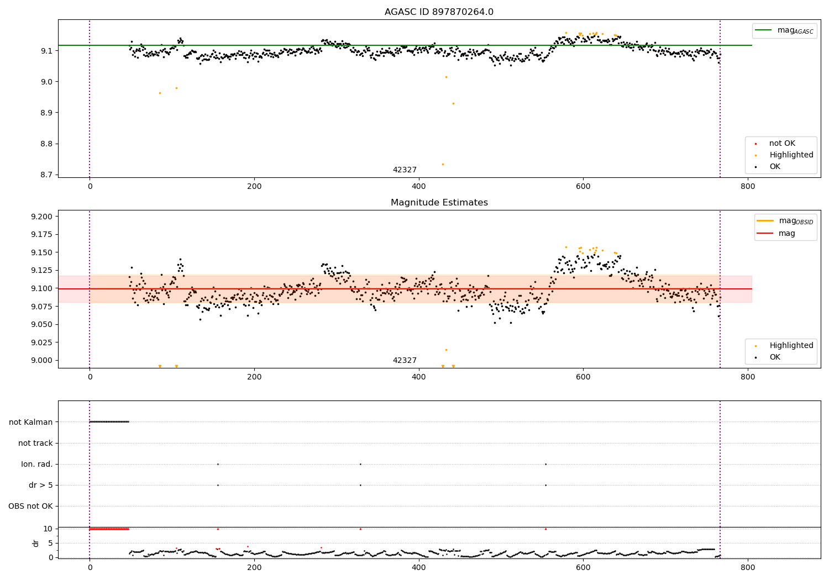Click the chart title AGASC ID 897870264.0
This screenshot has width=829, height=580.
439,12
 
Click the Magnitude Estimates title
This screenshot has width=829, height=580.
439,203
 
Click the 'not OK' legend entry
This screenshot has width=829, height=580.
782,144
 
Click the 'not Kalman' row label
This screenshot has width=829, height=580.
31,422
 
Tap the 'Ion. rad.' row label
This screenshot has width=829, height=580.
37,464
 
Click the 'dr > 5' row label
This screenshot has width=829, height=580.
41,485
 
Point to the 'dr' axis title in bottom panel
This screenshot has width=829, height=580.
36,543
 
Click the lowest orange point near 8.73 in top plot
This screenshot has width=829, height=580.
443,164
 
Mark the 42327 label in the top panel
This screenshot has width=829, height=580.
405,170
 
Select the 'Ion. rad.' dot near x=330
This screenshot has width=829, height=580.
360,464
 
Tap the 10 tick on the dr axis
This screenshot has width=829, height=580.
48,529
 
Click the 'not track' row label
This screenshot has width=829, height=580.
35,443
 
